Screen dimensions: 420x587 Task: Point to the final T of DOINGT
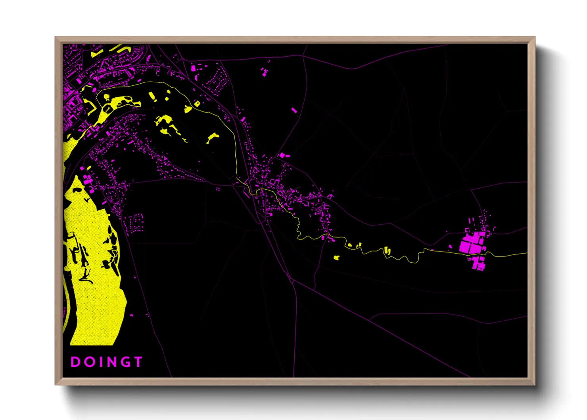click(x=138, y=362)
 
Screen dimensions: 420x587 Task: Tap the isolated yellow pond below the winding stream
click(x=336, y=258)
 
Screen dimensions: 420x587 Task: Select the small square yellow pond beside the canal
click(x=197, y=104)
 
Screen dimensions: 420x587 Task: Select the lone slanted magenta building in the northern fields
click(x=294, y=110)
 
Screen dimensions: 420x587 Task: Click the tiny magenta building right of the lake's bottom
click(x=132, y=315)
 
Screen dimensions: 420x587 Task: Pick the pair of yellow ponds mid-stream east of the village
click(x=387, y=250)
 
